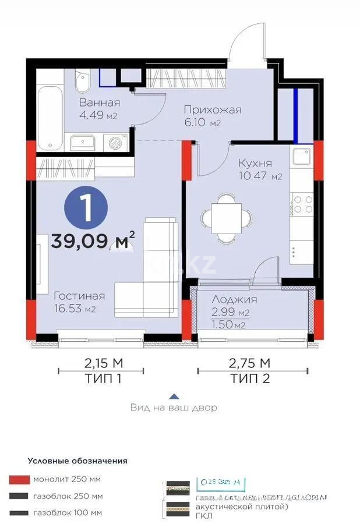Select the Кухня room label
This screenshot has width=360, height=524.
pos(255,164)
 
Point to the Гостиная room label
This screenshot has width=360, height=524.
pos(79,295)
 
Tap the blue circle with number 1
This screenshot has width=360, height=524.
pos(86,209)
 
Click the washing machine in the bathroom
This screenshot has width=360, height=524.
pos(115,141)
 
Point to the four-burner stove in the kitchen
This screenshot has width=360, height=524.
pos(302,204)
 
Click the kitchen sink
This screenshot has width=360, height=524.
pos(302,157)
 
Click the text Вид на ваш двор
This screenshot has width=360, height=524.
pos(174,408)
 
